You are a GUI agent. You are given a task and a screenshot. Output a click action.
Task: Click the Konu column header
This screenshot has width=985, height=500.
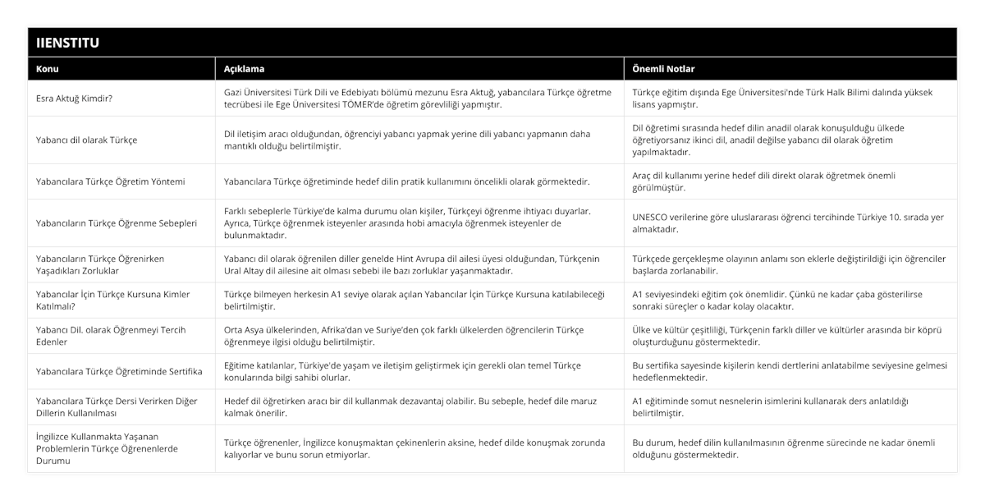(48, 69)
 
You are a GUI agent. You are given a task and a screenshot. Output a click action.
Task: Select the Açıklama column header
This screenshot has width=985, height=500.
(244, 69)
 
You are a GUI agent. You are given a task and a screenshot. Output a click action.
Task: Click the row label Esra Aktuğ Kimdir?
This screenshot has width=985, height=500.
(75, 99)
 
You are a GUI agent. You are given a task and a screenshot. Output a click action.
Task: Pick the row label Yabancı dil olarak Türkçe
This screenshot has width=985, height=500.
(86, 140)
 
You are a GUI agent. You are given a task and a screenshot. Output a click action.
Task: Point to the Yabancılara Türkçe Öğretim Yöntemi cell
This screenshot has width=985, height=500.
(111, 181)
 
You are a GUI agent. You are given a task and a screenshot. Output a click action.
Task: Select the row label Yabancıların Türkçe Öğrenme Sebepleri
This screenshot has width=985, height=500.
(117, 222)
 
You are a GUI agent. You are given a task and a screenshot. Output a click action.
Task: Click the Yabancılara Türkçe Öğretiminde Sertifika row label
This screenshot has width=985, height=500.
(120, 371)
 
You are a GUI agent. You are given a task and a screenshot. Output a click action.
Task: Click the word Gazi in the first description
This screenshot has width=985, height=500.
(235, 92)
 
